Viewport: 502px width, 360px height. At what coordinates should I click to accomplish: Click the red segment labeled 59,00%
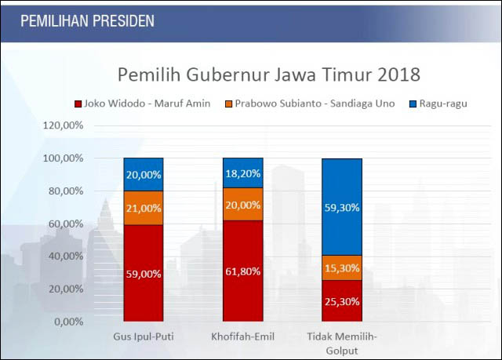[x=143, y=273]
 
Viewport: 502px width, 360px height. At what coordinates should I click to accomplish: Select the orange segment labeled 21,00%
[x=143, y=208]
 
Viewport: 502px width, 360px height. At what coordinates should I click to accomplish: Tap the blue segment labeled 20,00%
[x=143, y=174]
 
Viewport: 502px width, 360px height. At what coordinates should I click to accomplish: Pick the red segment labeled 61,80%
[x=242, y=271]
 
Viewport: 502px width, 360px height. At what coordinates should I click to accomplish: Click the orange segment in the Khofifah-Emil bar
[x=242, y=205]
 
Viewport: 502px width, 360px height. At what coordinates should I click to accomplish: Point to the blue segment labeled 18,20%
[x=242, y=173]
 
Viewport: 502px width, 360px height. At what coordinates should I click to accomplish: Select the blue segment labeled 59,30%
[x=342, y=207]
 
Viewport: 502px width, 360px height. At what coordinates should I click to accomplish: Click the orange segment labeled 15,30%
[x=342, y=267]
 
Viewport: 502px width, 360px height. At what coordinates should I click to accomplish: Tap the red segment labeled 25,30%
[x=342, y=300]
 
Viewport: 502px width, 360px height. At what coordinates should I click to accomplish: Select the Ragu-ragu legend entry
[x=436, y=104]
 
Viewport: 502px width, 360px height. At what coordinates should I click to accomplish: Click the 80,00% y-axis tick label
[x=64, y=191]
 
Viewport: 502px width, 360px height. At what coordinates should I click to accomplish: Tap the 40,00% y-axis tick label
[x=64, y=256]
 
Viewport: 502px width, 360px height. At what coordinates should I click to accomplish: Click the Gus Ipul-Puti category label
[x=143, y=336]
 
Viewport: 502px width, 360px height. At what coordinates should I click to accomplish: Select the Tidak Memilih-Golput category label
[x=342, y=342]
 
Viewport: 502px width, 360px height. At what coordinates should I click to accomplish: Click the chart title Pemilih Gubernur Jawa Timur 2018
[x=269, y=75]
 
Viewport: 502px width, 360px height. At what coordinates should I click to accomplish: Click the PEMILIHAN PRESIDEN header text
[x=87, y=20]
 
